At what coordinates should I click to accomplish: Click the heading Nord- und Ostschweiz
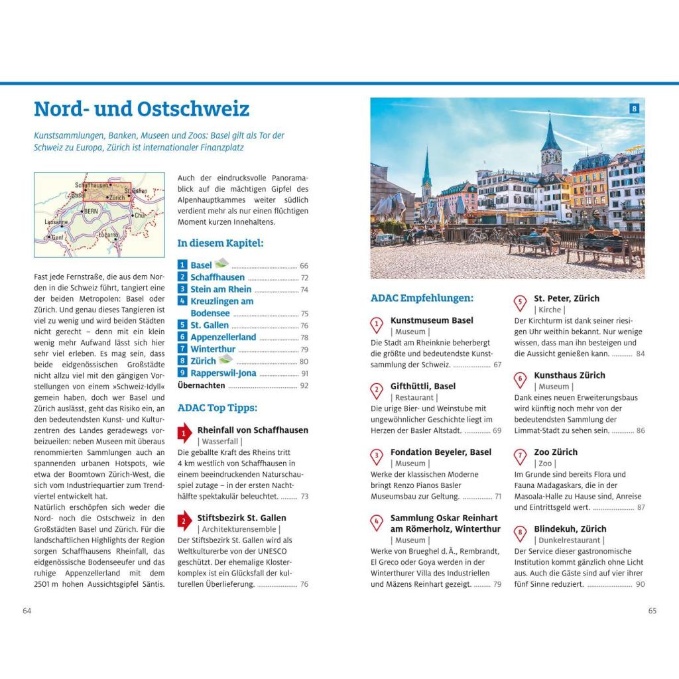[x=141, y=109]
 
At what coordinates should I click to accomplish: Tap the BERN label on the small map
[x=92, y=211]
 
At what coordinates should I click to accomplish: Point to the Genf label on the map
[x=58, y=237]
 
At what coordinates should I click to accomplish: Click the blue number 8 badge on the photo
[x=634, y=109]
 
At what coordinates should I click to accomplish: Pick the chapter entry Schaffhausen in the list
[x=217, y=277]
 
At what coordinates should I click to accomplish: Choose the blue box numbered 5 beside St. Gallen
[x=182, y=325]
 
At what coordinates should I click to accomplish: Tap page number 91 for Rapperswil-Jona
[x=304, y=373]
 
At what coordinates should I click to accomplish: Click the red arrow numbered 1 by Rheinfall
[x=184, y=434]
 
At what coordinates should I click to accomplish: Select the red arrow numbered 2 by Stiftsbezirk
[x=184, y=522]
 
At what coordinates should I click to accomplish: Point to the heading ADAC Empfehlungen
[x=422, y=298]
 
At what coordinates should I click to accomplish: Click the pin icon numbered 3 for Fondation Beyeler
[x=377, y=456]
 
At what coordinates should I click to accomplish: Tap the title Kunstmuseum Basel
[x=432, y=320]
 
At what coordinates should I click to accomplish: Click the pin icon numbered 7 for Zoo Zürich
[x=521, y=456]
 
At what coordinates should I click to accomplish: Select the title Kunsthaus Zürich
[x=570, y=375]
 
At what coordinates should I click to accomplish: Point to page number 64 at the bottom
[x=27, y=611]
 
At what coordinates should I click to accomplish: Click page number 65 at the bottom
[x=652, y=611]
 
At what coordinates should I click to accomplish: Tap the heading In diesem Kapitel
[x=220, y=243]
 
